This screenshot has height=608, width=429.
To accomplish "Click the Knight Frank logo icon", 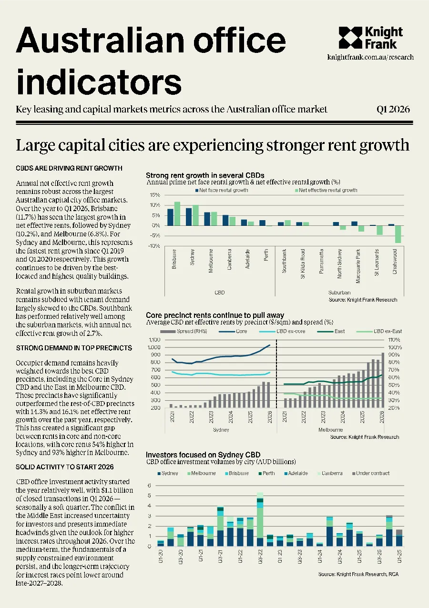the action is [350, 38].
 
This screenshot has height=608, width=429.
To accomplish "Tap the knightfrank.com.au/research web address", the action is [370, 57].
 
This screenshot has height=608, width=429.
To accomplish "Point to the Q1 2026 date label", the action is [393, 110].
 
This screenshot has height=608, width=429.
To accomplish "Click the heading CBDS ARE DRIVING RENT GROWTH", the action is [69, 168].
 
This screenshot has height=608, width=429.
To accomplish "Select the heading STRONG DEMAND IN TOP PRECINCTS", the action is [74, 348].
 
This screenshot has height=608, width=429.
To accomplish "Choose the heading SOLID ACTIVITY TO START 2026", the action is [65, 467].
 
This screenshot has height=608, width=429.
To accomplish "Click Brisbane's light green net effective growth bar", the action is [177, 213].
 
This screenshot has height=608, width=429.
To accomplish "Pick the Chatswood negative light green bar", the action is [398, 234].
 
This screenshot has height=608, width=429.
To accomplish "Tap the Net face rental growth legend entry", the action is [222, 190].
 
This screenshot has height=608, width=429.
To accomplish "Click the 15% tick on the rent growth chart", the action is [155, 195].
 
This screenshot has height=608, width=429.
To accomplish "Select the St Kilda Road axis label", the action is [303, 263].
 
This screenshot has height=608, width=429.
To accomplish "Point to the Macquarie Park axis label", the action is [358, 266].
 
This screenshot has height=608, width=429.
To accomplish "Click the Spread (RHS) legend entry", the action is [184, 331].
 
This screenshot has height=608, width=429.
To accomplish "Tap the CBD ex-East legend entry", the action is [379, 331].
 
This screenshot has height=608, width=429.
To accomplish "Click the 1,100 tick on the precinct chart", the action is [154, 340].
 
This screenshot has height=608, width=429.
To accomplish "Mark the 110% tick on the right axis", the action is [394, 340].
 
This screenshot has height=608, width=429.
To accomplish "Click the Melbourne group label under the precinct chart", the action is [330, 430].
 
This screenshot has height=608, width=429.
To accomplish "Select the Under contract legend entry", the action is [371, 473].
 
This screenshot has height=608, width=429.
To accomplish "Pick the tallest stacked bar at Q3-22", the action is [260, 519].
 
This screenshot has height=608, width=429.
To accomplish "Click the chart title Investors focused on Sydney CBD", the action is [203, 455].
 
